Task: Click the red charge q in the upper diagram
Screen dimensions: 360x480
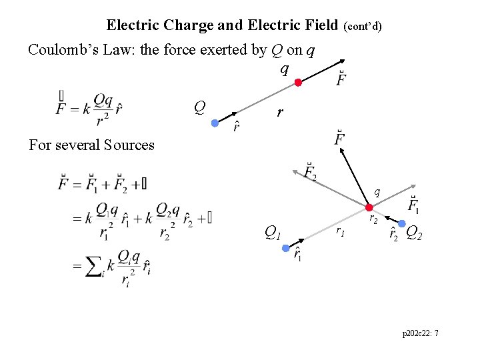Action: pyautogui.click(x=299, y=83)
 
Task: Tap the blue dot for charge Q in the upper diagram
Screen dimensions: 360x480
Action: pyautogui.click(x=215, y=123)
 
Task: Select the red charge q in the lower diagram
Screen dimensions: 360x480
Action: pyautogui.click(x=369, y=207)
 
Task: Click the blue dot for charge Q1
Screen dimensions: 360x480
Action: pyautogui.click(x=286, y=248)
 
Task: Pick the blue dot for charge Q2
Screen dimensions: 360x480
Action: pyautogui.click(x=403, y=223)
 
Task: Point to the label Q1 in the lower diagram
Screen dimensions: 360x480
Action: pyautogui.click(x=272, y=233)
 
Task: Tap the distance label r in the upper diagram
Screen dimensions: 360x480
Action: pyautogui.click(x=280, y=113)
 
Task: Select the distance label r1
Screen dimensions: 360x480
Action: pyautogui.click(x=340, y=231)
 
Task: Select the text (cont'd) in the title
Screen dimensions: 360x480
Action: pyautogui.click(x=363, y=27)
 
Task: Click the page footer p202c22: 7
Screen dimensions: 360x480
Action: pyautogui.click(x=421, y=333)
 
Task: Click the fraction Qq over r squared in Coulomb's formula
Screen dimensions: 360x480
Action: pyautogui.click(x=103, y=108)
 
